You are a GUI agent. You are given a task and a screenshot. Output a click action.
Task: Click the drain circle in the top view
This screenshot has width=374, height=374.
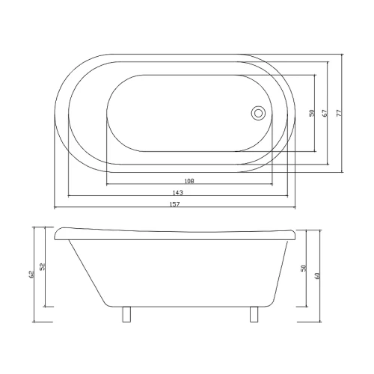[x=258, y=113]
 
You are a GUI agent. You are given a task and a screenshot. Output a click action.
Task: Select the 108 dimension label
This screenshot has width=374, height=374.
[x=189, y=181]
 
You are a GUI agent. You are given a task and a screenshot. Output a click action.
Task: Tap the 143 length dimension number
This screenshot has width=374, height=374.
[x=178, y=192]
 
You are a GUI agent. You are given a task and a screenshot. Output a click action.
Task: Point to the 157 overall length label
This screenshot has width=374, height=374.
[x=174, y=204]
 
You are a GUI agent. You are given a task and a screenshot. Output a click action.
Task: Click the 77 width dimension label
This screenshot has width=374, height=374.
[x=339, y=113]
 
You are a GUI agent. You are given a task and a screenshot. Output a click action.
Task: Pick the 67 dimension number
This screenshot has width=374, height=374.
[x=325, y=113]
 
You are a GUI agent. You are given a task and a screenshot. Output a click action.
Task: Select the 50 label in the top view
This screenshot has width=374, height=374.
[x=312, y=113]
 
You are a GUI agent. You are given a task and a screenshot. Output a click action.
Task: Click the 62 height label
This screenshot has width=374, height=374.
[x=31, y=275]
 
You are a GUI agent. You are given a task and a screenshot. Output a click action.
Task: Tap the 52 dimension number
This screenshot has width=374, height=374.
[x=42, y=267]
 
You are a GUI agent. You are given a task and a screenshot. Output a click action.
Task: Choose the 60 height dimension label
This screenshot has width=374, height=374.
[x=317, y=275]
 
